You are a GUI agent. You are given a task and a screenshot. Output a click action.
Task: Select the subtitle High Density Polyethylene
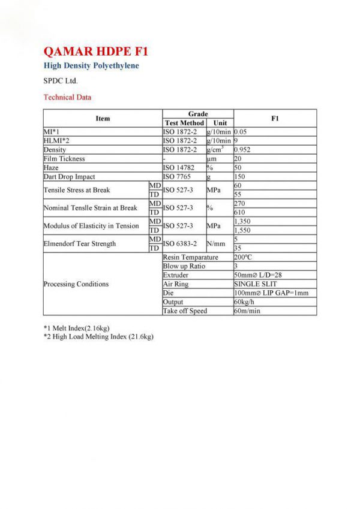[91, 65]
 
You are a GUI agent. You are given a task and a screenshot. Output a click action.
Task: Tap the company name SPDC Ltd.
[61, 80]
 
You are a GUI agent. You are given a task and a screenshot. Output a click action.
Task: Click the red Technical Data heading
[67, 97]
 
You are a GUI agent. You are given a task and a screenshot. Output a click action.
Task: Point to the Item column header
[103, 118]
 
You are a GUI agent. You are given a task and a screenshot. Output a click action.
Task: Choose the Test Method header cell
[184, 123]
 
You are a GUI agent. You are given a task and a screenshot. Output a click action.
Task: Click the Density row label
[55, 149]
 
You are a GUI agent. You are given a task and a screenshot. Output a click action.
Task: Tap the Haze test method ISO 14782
[181, 168]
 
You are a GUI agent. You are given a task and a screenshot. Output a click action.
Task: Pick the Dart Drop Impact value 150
[240, 177]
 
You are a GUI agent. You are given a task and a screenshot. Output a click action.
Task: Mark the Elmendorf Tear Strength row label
[80, 244]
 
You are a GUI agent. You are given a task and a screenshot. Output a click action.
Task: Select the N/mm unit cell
[216, 244]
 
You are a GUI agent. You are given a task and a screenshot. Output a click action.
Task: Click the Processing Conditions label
[76, 284]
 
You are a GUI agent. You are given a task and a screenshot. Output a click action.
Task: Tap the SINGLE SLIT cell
[256, 284]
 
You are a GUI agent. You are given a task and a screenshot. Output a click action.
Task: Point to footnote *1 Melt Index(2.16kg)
[77, 328]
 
